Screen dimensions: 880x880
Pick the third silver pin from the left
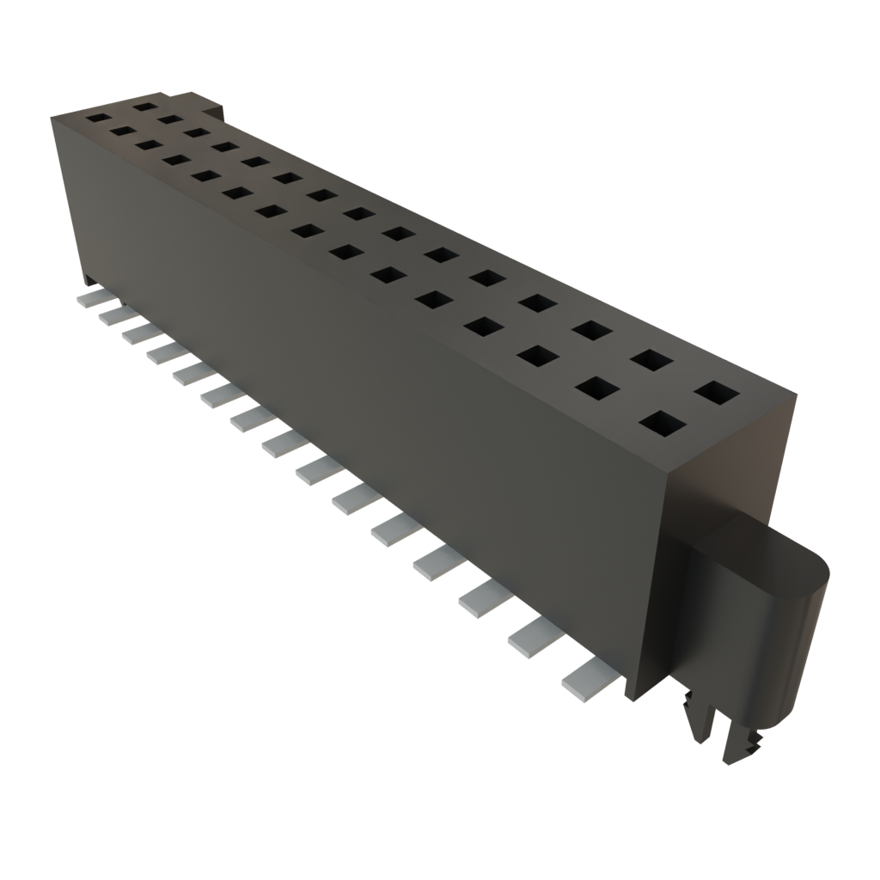[x=139, y=333]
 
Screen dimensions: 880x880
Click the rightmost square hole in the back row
[x=717, y=394]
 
